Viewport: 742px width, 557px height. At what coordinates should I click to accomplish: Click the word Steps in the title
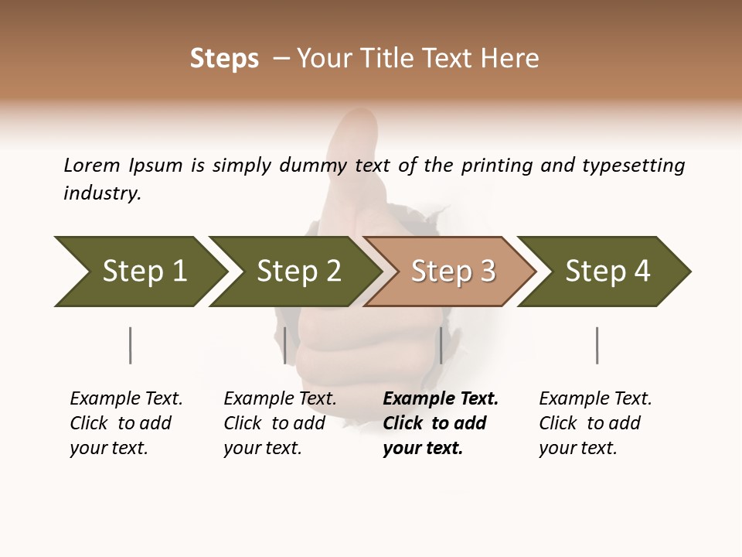point(224,59)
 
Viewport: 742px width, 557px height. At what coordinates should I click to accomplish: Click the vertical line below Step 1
point(130,345)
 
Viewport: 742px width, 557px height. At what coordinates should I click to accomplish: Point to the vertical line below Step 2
point(285,345)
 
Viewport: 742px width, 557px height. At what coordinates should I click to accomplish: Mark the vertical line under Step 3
point(441,345)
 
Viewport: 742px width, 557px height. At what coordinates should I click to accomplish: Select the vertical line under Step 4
point(597,345)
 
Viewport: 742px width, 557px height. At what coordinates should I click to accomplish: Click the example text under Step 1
point(126,423)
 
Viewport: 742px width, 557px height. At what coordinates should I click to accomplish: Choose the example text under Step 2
point(280,423)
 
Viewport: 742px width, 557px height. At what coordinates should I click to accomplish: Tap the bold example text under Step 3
point(441,423)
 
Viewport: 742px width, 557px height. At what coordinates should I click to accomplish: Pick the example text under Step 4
point(595,423)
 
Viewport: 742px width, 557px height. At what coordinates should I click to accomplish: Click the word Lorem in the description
point(92,165)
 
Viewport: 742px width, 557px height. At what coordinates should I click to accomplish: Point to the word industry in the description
point(102,193)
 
